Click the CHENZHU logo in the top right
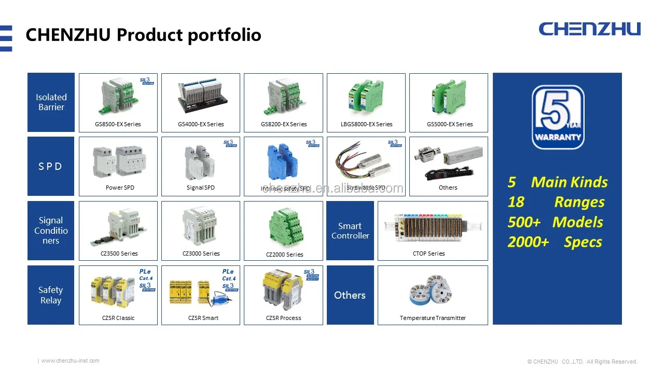coord(589,29)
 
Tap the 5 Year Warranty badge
coord(558,117)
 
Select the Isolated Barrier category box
coord(51,102)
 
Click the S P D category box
coord(51,166)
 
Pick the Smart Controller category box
coord(350,231)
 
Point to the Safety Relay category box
coord(51,295)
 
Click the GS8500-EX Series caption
coord(118,124)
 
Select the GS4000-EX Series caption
coord(201,124)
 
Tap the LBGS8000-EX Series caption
coord(366,124)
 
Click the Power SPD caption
coord(120,188)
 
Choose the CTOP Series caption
coord(428,253)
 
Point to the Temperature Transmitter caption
coord(433,318)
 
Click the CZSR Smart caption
coord(203,318)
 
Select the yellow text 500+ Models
coord(555,222)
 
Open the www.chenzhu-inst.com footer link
coord(70,360)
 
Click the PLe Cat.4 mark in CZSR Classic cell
coord(146,275)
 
